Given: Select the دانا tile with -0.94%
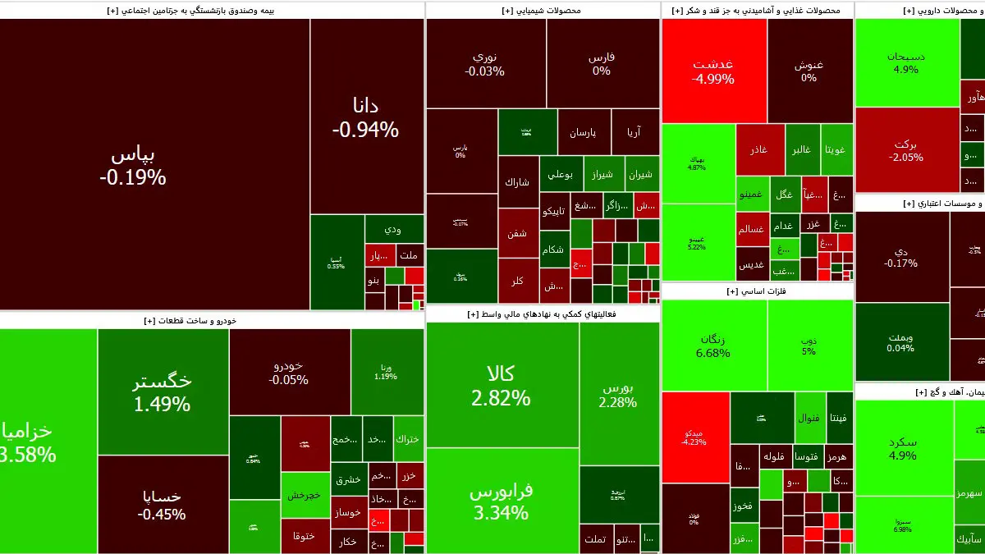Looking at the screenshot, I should (365, 117).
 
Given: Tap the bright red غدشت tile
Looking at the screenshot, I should (712, 71).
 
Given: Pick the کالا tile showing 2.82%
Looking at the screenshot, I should (501, 386).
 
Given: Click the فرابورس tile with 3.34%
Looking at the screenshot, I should (501, 501).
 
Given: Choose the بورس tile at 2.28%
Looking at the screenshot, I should (618, 394).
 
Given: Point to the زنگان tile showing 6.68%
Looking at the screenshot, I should (712, 346).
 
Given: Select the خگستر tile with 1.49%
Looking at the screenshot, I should (163, 391).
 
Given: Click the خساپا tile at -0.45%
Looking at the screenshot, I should (163, 505).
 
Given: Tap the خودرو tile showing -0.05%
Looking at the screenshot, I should (289, 372).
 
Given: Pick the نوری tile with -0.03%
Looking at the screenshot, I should (484, 64).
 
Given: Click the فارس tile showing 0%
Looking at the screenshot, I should (602, 64).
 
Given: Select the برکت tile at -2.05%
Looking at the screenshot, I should (907, 149).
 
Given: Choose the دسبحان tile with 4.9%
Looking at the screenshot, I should (906, 62).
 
